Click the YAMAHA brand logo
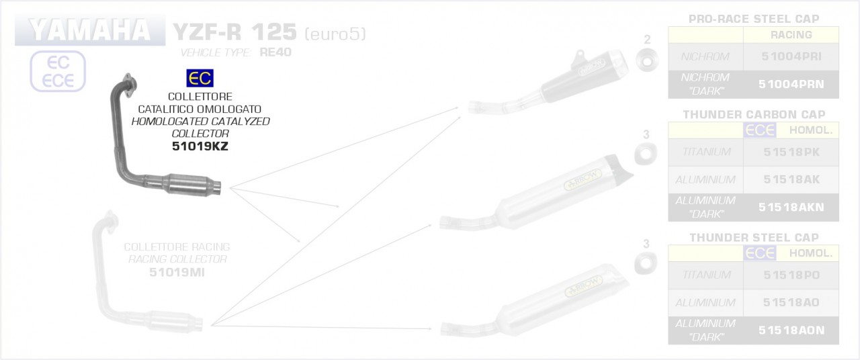point(90,31)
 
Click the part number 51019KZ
point(200,146)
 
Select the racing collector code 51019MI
point(177,272)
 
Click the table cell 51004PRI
point(791,57)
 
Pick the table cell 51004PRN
point(791,84)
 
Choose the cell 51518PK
point(791,152)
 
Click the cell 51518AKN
point(791,208)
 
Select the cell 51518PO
point(791,275)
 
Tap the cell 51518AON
point(791,330)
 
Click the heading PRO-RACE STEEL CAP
point(754,19)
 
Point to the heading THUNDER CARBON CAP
point(754,115)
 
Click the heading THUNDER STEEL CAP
point(754,238)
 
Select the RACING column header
point(791,35)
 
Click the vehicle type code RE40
point(275,52)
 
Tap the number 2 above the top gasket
point(647,39)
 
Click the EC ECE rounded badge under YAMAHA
point(58,71)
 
